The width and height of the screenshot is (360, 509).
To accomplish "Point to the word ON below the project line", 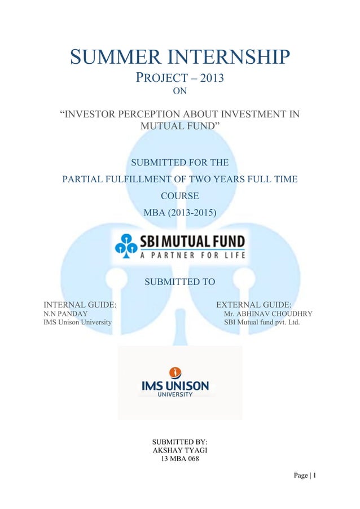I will (x=179, y=89).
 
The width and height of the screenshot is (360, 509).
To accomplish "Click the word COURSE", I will (x=179, y=196).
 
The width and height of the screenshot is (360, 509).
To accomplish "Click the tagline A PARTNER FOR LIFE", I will (x=192, y=254).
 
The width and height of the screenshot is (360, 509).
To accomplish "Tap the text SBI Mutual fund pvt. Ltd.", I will (x=261, y=323).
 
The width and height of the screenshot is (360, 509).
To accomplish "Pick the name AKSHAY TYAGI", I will (x=180, y=450).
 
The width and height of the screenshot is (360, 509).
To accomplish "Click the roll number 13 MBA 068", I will (x=180, y=459).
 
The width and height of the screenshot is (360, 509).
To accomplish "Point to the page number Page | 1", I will (x=304, y=476).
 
